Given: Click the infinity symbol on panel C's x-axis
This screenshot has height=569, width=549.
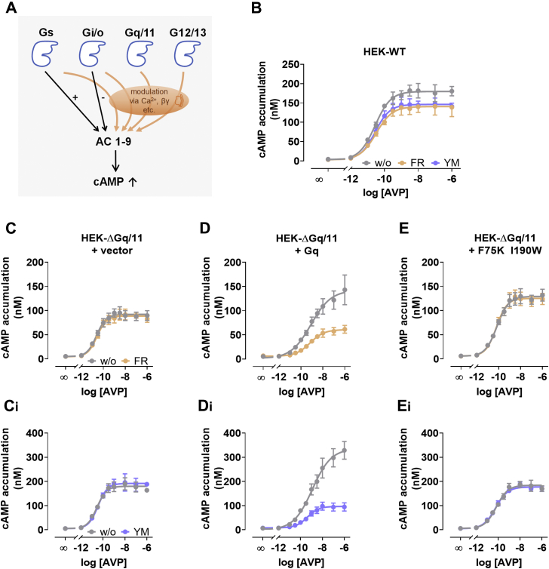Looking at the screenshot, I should [x=67, y=376].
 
